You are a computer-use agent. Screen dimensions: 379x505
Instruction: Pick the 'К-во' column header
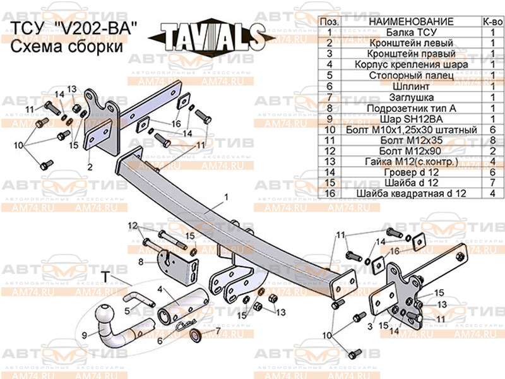click(x=492, y=21)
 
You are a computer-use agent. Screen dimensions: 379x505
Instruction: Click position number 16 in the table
click(x=330, y=193)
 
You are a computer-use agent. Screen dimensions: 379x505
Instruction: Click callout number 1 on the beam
click(x=224, y=197)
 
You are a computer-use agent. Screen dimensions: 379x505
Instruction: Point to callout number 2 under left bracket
click(x=90, y=167)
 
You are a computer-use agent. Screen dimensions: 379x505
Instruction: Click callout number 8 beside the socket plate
click(x=141, y=261)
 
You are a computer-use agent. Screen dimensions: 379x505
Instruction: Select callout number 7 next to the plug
click(x=218, y=330)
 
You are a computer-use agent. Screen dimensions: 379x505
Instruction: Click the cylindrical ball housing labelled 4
click(x=183, y=307)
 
